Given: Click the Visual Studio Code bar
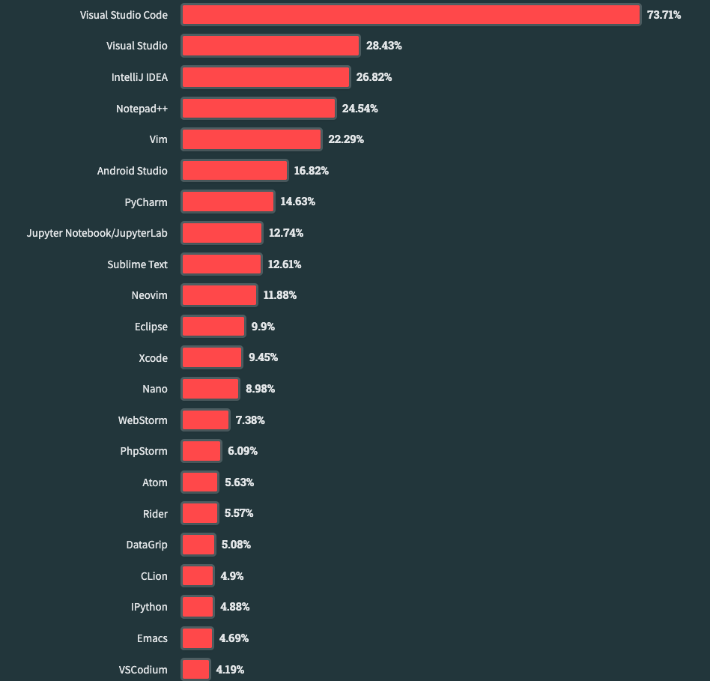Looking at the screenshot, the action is pyautogui.click(x=411, y=14).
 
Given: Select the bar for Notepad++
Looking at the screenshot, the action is pyautogui.click(x=258, y=109).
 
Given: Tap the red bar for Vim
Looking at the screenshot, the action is pyautogui.click(x=252, y=139).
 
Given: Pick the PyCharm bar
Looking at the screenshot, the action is pyautogui.click(x=228, y=202).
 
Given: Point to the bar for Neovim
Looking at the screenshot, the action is pyautogui.click(x=219, y=295).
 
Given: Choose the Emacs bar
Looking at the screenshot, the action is pyautogui.click(x=197, y=638).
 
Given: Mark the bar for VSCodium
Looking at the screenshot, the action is pyautogui.click(x=195, y=670).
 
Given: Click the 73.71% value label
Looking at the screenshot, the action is pyautogui.click(x=664, y=15).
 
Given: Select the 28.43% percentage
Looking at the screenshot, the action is pyautogui.click(x=384, y=46).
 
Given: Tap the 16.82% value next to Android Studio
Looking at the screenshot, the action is pyautogui.click(x=311, y=171).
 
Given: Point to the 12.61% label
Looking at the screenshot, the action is pyautogui.click(x=285, y=264).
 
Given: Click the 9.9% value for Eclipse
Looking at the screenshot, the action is pyautogui.click(x=263, y=327).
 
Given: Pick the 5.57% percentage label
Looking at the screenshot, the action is pyautogui.click(x=239, y=513).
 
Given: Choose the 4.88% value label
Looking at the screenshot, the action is pyautogui.click(x=234, y=607).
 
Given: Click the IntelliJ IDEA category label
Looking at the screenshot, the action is pyautogui.click(x=139, y=77).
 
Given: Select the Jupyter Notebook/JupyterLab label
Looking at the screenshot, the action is pyautogui.click(x=97, y=233).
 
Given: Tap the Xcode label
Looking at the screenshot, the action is pyautogui.click(x=153, y=358).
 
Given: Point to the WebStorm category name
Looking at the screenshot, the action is pyautogui.click(x=142, y=420).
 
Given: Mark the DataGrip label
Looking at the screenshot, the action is pyautogui.click(x=147, y=545).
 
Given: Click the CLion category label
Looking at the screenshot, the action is pyautogui.click(x=154, y=576).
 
